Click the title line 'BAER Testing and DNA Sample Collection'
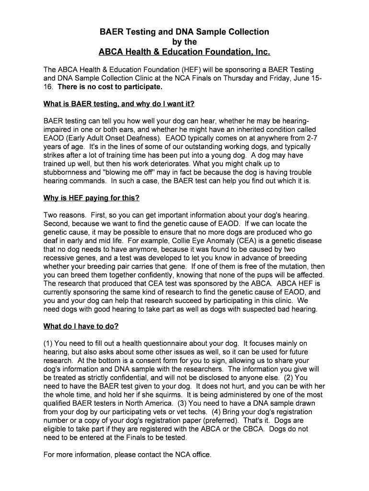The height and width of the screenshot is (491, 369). [x=184, y=32]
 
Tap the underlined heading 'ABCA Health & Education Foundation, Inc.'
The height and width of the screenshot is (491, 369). [x=184, y=51]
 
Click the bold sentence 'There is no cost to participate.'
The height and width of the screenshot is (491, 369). [x=110, y=87]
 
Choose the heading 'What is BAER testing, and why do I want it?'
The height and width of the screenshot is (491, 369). [x=119, y=104]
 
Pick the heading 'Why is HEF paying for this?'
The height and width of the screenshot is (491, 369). [x=92, y=198]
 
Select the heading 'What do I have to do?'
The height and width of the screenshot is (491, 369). [x=81, y=327]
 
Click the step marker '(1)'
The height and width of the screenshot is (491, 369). [x=48, y=344]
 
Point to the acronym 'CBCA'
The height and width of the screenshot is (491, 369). [x=252, y=430]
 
